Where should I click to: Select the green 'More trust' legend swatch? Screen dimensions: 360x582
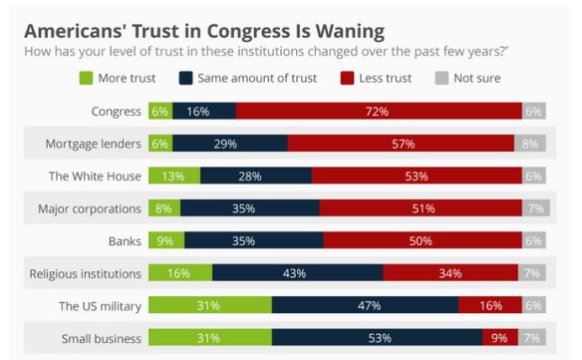88,78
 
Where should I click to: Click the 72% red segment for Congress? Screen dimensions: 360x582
378,112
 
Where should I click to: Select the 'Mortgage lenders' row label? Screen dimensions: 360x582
93,144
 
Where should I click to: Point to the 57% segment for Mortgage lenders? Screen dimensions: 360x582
402,144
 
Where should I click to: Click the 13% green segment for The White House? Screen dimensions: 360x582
173,177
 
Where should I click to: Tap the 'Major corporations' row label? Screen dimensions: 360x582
89,208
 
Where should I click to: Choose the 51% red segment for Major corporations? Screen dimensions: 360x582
421,208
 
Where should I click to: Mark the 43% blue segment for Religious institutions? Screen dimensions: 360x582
297,273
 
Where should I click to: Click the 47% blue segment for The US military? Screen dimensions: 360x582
365,305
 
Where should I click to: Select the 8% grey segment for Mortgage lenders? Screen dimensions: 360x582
530,144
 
